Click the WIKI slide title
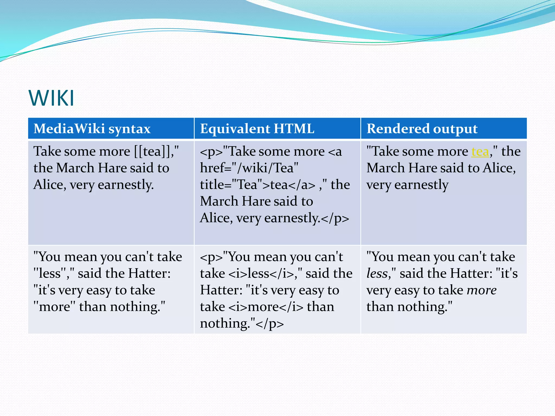[x=51, y=98]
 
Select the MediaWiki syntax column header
[x=92, y=129]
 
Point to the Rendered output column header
[x=422, y=129]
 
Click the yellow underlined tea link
[x=480, y=152]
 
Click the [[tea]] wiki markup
[x=153, y=151]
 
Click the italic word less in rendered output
[x=377, y=274]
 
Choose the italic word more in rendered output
[x=482, y=290]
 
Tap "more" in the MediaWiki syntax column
[x=54, y=307]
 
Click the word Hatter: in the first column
[x=149, y=274]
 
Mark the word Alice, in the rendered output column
[x=499, y=168]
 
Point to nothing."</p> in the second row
[x=241, y=324]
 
